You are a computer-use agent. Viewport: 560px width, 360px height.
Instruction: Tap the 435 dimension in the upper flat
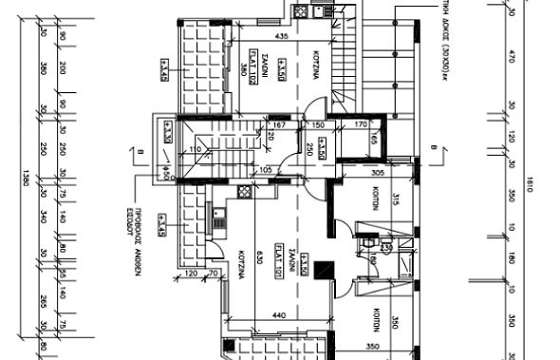(x=281, y=36)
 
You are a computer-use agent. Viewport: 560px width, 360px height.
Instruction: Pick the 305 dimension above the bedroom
(x=377, y=174)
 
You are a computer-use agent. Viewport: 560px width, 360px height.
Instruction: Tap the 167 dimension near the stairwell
(x=279, y=124)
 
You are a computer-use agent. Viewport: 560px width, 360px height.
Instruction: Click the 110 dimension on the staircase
(x=196, y=149)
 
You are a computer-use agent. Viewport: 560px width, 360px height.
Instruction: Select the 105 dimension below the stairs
(x=265, y=169)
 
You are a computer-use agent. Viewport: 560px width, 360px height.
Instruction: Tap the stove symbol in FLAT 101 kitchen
(x=244, y=191)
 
